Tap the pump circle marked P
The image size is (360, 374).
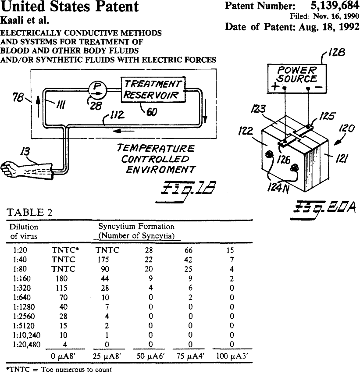[95, 89]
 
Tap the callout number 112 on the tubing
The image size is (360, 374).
[117, 116]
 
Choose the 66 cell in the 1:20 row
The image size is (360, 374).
[190, 250]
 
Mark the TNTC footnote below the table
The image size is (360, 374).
[59, 369]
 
